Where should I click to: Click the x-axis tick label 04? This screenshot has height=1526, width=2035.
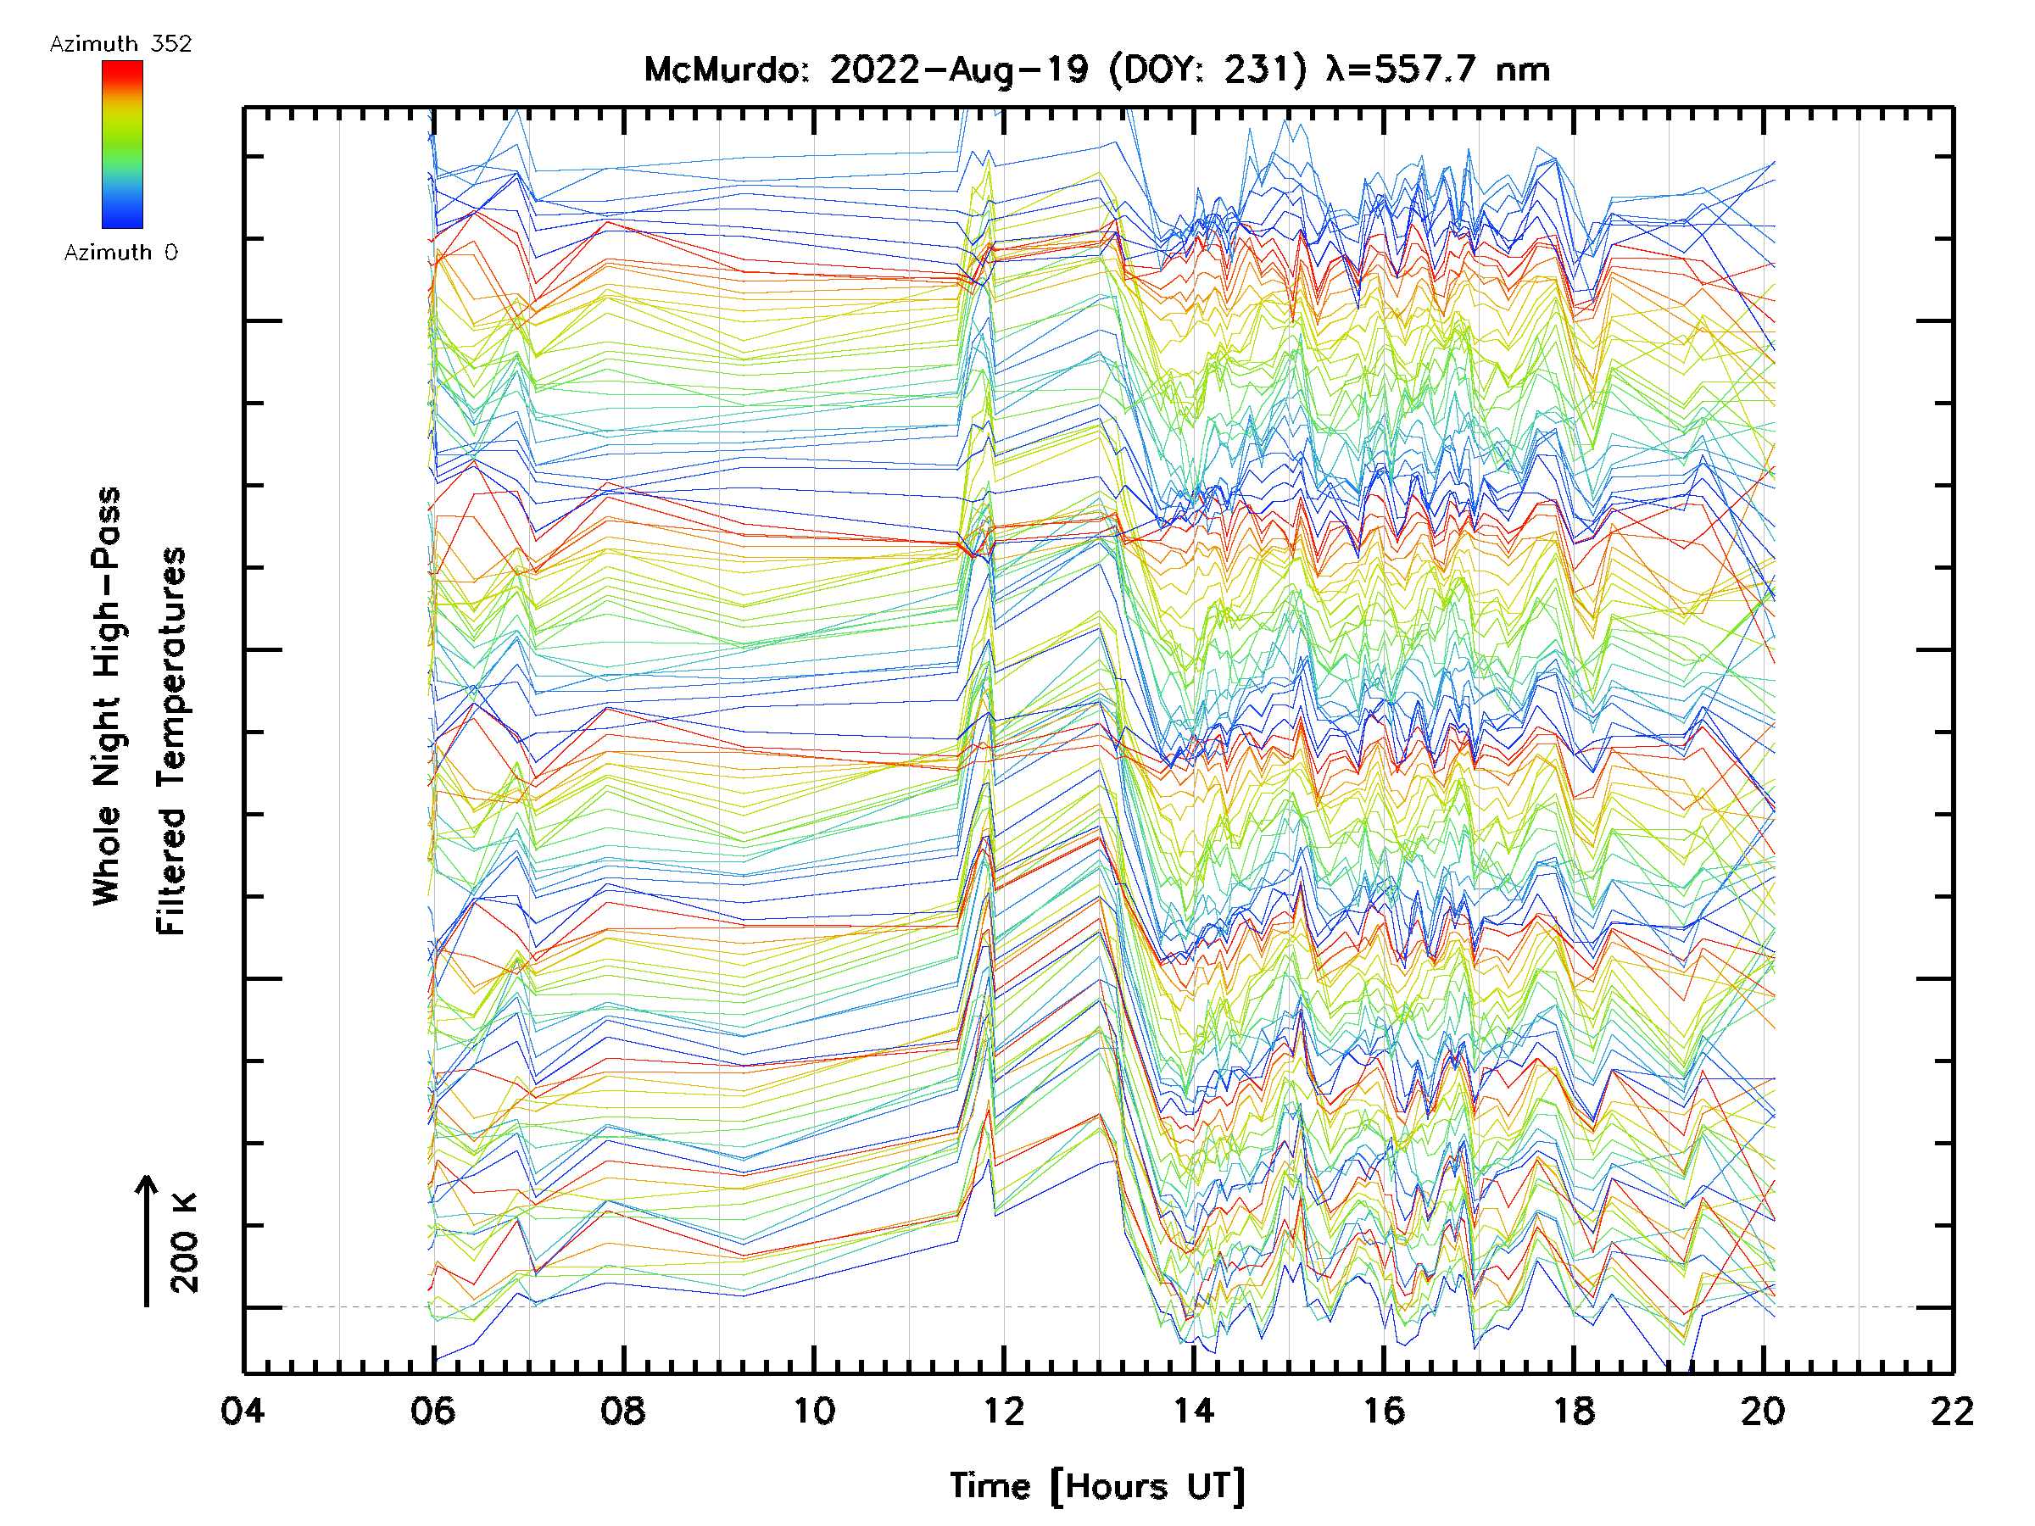(243, 1411)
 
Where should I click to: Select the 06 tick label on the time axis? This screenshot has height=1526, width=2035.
(432, 1411)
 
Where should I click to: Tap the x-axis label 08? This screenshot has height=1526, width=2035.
(623, 1411)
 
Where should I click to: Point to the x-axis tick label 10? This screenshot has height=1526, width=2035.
(813, 1411)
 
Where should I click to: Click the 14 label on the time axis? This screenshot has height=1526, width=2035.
(1193, 1411)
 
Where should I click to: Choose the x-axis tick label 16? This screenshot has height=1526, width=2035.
(1384, 1411)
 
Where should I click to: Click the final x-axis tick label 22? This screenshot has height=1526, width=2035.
(1952, 1411)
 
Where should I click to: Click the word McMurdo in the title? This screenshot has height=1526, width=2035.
(726, 70)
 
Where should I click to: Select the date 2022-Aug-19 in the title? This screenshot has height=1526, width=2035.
(959, 70)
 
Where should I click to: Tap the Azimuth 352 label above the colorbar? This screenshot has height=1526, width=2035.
(120, 44)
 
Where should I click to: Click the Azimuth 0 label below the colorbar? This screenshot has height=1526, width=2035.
(120, 252)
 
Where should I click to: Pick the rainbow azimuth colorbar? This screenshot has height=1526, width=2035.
(122, 144)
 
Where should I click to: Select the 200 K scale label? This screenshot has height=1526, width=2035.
(185, 1243)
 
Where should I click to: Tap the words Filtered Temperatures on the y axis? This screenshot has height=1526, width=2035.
(171, 740)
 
